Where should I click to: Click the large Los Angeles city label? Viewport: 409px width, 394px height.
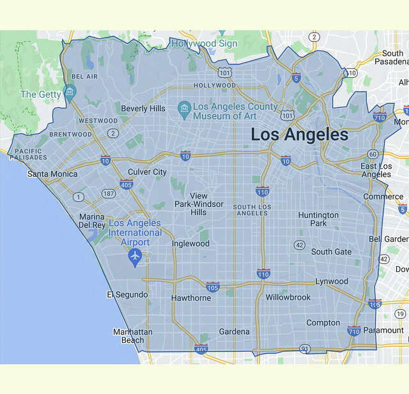click(x=299, y=135)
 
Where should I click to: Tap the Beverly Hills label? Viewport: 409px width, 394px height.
click(x=143, y=109)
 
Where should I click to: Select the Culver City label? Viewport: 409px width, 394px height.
click(x=147, y=172)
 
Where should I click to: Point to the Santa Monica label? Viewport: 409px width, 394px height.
click(x=52, y=174)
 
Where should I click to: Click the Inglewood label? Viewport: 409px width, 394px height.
click(x=190, y=243)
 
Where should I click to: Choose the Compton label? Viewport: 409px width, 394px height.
click(x=323, y=322)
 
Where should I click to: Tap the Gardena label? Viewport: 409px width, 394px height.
click(x=234, y=331)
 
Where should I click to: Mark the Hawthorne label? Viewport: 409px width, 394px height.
click(x=190, y=298)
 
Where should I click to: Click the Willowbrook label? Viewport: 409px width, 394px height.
click(x=288, y=298)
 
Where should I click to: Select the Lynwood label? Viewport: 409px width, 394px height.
click(x=331, y=281)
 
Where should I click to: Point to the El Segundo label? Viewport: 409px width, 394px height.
click(x=127, y=294)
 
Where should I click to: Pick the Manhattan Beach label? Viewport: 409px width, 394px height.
click(x=132, y=336)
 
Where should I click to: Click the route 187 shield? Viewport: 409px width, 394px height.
click(x=109, y=193)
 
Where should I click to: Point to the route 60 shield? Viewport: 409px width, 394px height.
click(x=373, y=155)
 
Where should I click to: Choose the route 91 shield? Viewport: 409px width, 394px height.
click(x=305, y=349)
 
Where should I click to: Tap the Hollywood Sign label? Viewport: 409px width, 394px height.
click(x=204, y=43)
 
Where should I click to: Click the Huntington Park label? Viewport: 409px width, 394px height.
click(x=318, y=219)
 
